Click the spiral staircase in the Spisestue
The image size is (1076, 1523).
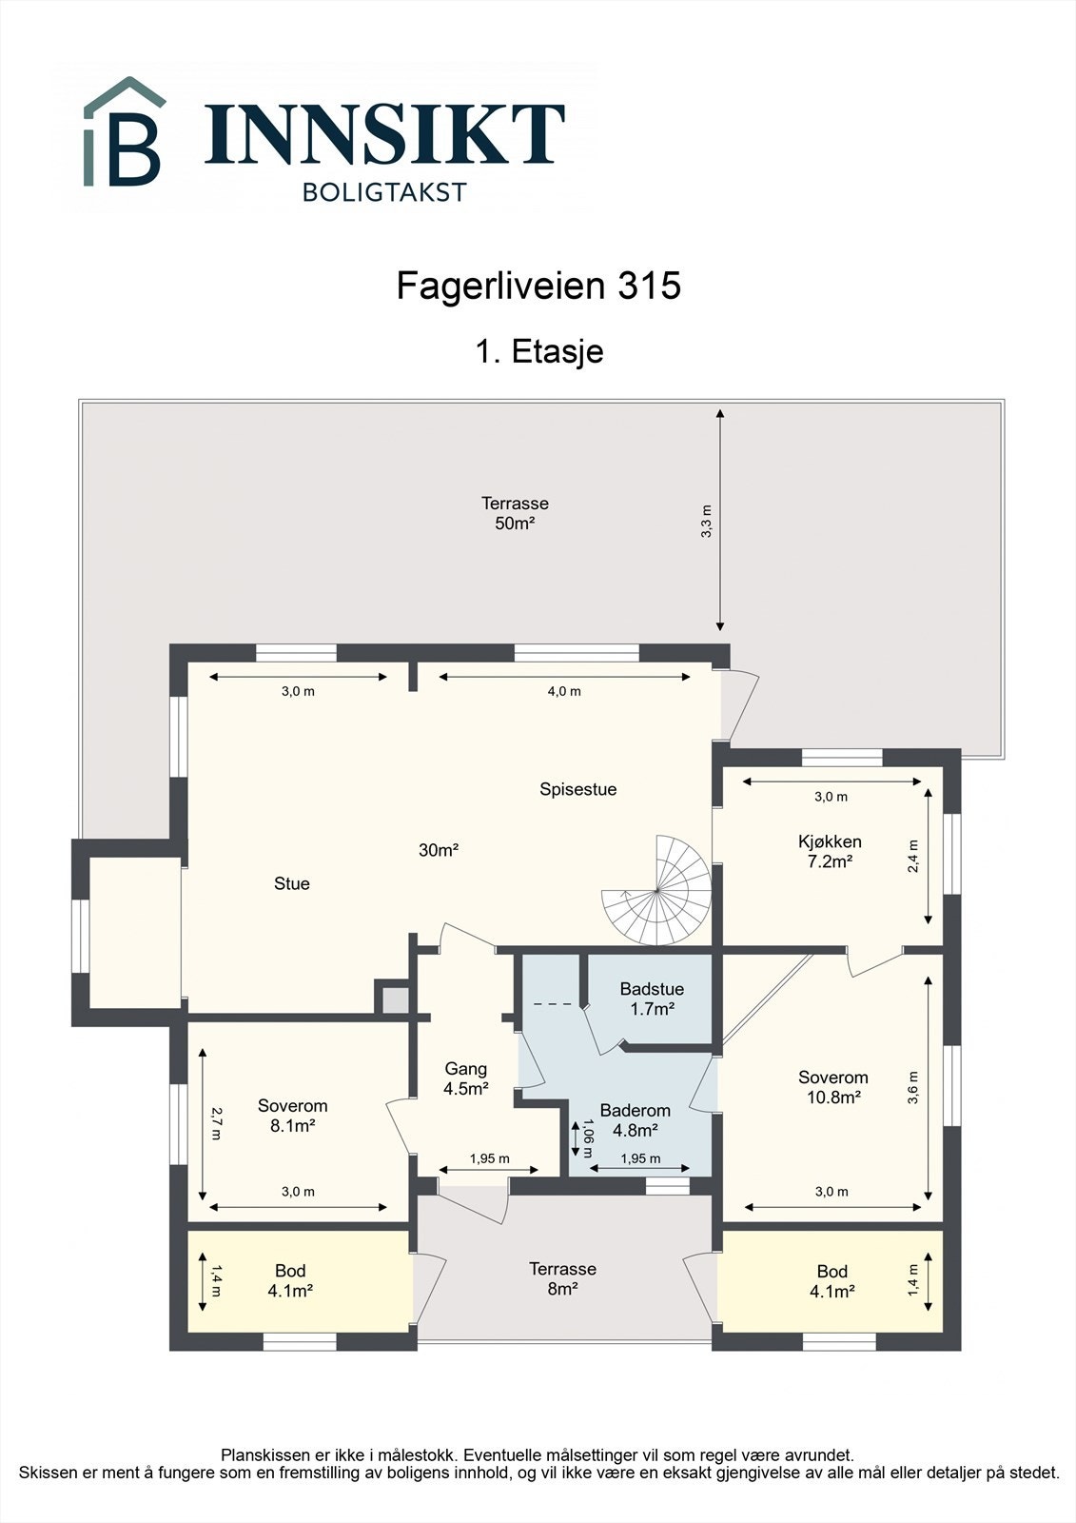[658, 891]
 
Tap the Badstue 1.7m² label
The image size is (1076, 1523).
[652, 999]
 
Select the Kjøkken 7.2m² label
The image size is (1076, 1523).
[830, 851]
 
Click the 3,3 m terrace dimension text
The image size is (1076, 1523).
[706, 522]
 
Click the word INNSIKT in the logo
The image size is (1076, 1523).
[385, 134]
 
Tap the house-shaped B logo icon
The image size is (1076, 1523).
[124, 133]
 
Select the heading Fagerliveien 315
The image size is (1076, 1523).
[538, 286]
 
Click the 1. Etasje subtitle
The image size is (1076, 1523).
[538, 351]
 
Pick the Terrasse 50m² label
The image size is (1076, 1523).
[515, 513]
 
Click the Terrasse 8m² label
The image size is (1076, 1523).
[562, 1278]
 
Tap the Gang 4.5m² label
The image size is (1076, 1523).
[466, 1078]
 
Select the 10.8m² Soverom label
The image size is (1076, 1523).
[832, 1087]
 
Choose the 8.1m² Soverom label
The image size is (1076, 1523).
[292, 1115]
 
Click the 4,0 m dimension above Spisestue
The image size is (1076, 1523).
[563, 691]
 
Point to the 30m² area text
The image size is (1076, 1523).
[439, 850]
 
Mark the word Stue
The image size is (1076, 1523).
[291, 883]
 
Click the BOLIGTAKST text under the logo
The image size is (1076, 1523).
[384, 192]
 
